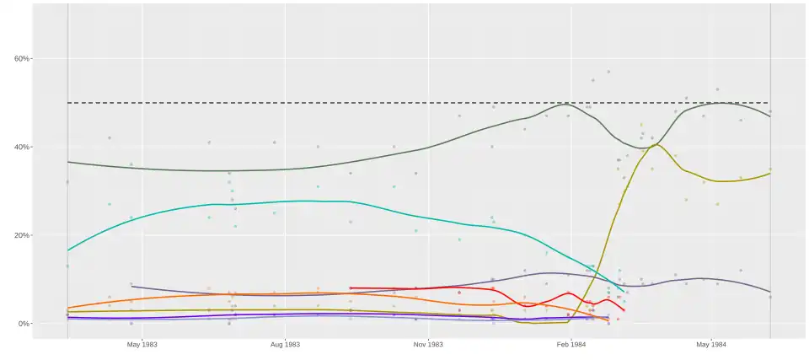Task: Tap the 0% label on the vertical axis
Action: (24, 324)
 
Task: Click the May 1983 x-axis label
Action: (142, 345)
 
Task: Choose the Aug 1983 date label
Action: (285, 345)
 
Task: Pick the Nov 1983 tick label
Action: (428, 345)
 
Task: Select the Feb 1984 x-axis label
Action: (571, 345)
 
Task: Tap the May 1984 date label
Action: (711, 345)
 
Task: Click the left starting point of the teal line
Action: (68, 250)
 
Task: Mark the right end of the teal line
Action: (624, 292)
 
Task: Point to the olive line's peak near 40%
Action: (656, 144)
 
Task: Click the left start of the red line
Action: (351, 288)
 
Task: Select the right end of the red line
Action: (624, 310)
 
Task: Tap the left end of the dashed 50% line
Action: (68, 103)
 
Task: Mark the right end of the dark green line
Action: (769, 116)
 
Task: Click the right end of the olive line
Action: (769, 173)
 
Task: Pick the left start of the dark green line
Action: (68, 162)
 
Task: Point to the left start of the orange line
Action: (68, 308)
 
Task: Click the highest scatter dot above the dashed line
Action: (608, 72)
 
